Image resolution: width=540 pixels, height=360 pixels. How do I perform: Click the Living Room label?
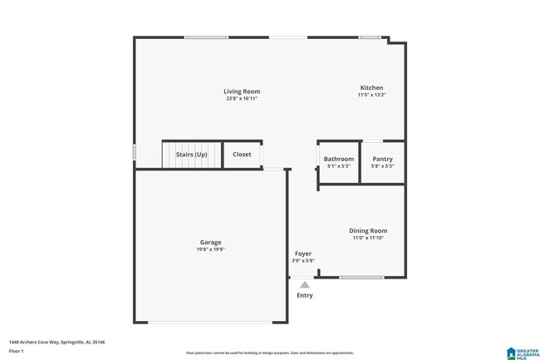tap(242, 91)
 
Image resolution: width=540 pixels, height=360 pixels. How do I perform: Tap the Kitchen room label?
tap(371, 88)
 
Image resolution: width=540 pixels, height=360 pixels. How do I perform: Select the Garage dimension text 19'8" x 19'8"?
tap(210, 249)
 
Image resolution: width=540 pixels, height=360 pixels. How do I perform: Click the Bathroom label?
tap(339, 159)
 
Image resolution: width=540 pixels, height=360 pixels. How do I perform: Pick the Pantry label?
tap(383, 159)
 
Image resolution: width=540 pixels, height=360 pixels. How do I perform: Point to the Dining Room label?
tap(367, 230)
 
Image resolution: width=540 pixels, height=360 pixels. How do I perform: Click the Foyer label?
tap(303, 253)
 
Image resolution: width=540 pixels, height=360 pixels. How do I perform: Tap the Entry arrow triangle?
tap(305, 284)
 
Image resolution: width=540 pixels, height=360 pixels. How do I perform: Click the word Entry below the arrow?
tap(305, 295)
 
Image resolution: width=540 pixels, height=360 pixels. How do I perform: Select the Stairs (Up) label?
tap(190, 155)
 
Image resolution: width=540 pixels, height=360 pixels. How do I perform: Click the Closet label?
tap(242, 155)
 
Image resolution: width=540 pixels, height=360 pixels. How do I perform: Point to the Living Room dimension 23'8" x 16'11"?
tap(242, 98)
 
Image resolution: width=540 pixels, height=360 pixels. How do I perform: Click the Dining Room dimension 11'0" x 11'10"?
tap(367, 238)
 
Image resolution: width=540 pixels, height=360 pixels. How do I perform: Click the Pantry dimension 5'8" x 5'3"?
tap(383, 166)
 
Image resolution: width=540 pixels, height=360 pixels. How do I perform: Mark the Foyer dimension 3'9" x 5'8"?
tap(303, 260)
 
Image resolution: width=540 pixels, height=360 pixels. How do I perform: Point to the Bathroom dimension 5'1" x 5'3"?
tap(339, 166)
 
